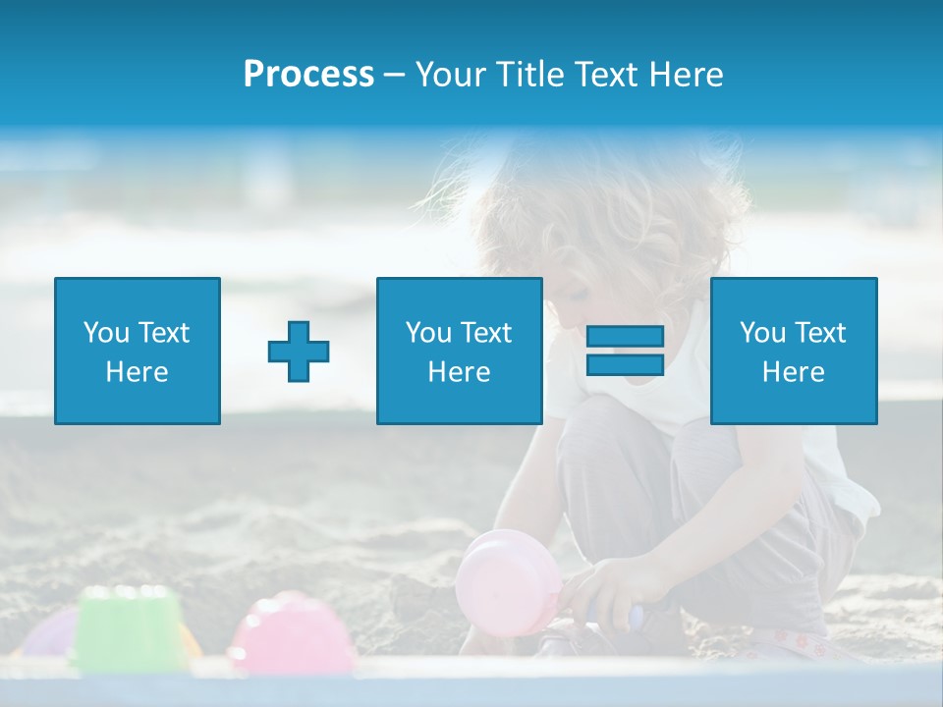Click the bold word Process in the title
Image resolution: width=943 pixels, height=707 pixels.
[308, 75]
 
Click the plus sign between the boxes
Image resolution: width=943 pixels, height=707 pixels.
[299, 352]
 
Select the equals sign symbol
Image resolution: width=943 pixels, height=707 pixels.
[625, 351]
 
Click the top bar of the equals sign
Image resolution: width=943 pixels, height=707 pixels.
[625, 337]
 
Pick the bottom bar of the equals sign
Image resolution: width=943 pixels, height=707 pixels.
[625, 364]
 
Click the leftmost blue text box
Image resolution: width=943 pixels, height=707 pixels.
[137, 351]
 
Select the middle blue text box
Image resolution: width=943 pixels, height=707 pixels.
[459, 351]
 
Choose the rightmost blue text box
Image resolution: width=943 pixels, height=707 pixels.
[793, 351]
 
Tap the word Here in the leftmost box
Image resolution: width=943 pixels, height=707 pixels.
[137, 372]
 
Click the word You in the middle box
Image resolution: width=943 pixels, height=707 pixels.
[428, 333]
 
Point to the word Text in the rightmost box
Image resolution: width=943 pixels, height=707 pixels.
[821, 333]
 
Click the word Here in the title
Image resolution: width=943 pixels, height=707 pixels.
[687, 75]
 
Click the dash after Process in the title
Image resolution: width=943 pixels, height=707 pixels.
[394, 75]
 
